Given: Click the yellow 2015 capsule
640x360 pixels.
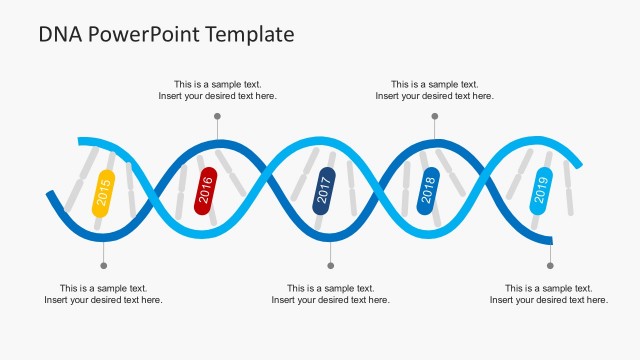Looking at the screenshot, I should (x=103, y=193).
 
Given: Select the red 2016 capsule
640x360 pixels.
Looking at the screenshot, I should (x=206, y=190).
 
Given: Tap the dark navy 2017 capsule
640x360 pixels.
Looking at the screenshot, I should (x=324, y=190).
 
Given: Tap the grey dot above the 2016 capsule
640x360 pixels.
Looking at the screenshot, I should (x=217, y=117).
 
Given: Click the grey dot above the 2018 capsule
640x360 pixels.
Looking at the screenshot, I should (x=434, y=117).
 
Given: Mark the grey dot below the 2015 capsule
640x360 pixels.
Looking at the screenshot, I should (x=103, y=265).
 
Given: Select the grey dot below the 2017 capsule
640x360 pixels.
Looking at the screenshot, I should (x=331, y=265).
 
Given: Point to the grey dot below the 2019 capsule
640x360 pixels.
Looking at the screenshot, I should (x=550, y=265).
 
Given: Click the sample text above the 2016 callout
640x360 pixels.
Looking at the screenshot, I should (x=217, y=90).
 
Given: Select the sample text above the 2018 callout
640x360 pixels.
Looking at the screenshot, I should (x=434, y=90).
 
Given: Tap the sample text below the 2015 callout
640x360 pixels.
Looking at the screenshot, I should (x=103, y=294).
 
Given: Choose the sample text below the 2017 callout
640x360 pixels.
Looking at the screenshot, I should (x=331, y=294).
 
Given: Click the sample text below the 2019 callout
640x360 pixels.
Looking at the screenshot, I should (x=549, y=294).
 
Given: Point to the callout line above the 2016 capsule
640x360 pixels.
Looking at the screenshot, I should (x=217, y=129).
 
